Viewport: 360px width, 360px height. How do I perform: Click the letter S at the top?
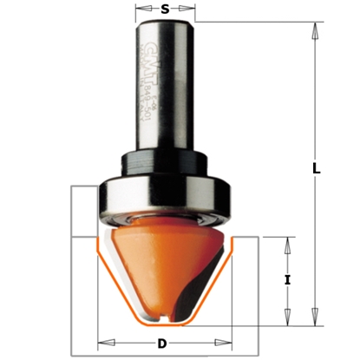[x=165, y=10]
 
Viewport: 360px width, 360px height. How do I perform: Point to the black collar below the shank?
[x=166, y=160]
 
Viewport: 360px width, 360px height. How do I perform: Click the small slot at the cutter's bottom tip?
[x=166, y=320]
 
